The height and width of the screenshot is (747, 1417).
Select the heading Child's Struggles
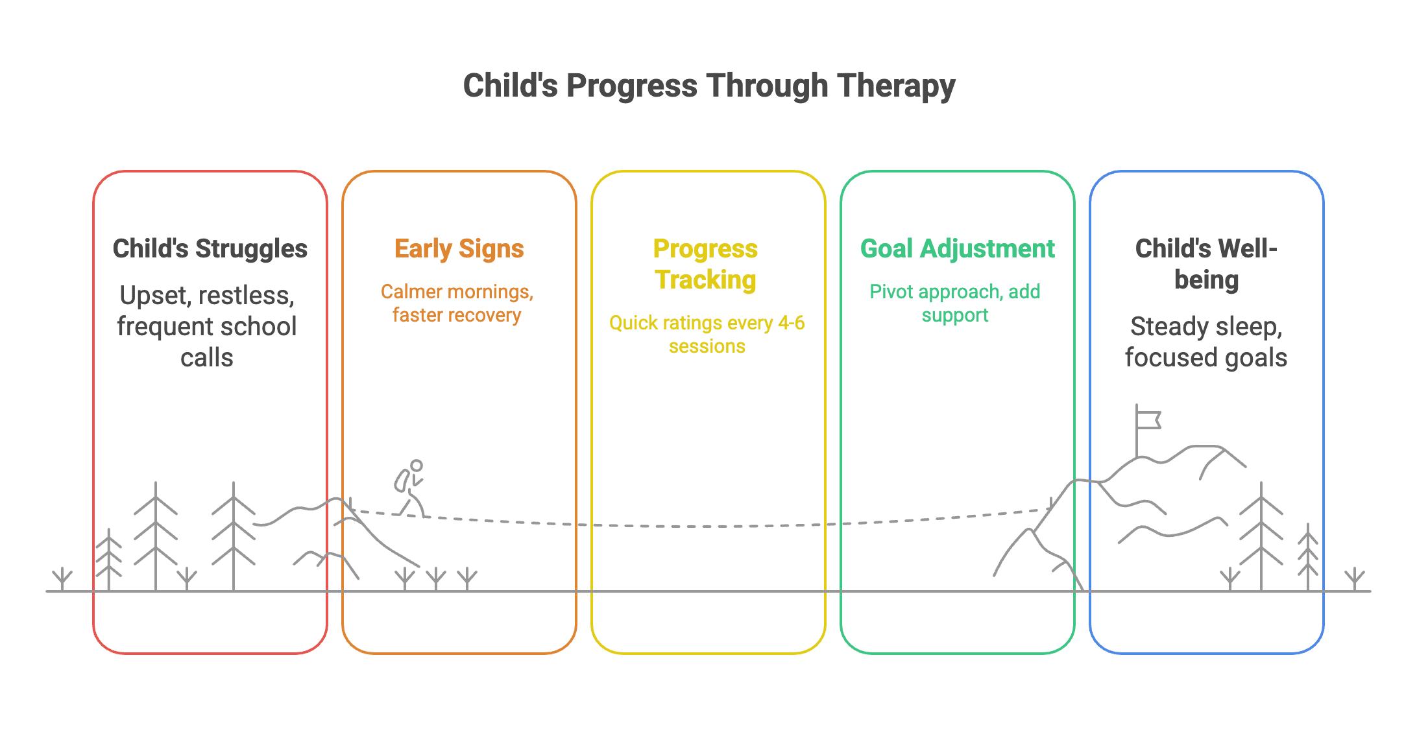coord(210,249)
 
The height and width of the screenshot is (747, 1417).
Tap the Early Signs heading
coord(459,249)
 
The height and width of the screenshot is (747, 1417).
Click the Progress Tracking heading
coord(705,265)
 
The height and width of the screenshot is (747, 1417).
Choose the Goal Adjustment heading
coord(957,249)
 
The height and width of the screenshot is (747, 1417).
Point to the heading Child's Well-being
coord(1206,265)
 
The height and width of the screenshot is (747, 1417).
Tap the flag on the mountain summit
coord(1147,420)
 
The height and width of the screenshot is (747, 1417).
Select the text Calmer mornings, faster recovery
coord(457,303)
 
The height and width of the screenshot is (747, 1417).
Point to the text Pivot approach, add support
coord(955,303)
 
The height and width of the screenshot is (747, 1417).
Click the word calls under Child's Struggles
coord(206,358)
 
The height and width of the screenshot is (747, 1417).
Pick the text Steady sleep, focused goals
coord(1205,342)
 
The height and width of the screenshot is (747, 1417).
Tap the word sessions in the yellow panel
coord(707,347)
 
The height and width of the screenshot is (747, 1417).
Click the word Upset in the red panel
coord(154,296)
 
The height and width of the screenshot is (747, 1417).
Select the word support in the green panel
coord(955,316)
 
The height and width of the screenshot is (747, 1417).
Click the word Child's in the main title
coord(510,86)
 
